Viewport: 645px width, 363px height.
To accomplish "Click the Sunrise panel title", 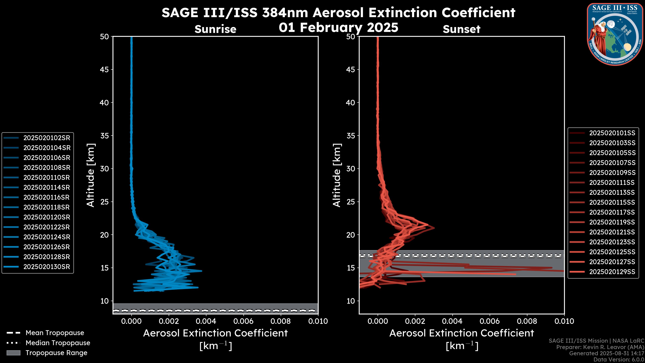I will click(215, 29).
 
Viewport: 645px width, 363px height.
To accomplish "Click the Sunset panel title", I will click(461, 29).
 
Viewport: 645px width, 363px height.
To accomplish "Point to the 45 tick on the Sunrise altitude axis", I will click(105, 69).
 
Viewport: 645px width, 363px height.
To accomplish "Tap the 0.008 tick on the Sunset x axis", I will click(527, 321).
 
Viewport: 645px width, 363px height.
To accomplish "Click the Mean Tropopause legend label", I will click(55, 333).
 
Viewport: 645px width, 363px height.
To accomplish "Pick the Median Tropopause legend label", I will click(58, 343).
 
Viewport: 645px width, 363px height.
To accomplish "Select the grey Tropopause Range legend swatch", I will click(13, 353).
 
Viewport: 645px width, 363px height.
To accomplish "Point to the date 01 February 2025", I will click(338, 28).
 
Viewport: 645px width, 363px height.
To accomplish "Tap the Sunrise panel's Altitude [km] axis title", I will click(91, 175).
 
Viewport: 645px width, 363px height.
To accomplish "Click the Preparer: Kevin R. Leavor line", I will click(600, 347).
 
